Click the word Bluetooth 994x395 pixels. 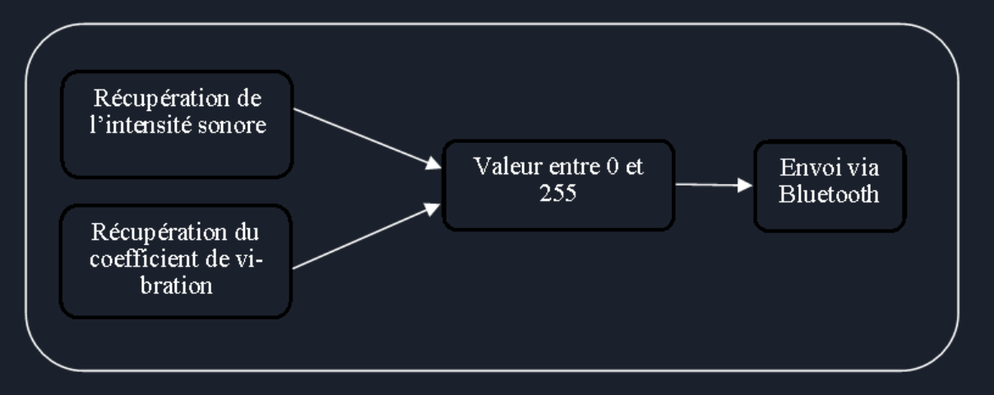pos(829,194)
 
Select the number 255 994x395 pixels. pos(557,193)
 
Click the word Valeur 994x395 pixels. pos(508,167)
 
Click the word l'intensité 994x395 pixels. pos(141,125)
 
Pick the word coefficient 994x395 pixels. pos(144,259)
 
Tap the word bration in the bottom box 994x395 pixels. pos(176,286)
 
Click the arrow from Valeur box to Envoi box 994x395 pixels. pos(714,185)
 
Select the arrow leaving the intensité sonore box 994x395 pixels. pos(368,139)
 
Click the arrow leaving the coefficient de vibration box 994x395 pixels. pos(367,236)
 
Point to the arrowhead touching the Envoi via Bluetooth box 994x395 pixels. pos(745,186)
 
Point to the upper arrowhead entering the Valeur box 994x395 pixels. pos(433,164)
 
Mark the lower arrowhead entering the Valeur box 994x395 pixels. pos(432,209)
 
